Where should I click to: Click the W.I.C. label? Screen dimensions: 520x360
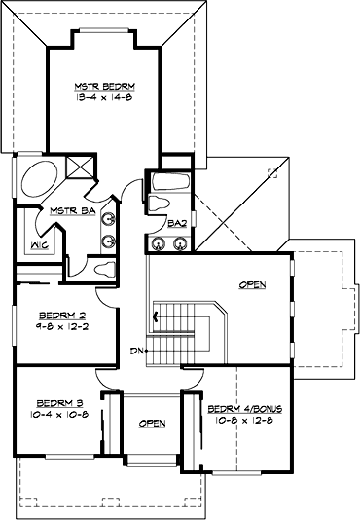[x=40, y=244]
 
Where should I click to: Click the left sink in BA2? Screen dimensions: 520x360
[x=158, y=242]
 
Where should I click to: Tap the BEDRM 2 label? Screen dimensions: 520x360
[x=58, y=315]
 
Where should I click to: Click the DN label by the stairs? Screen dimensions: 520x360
[x=136, y=351]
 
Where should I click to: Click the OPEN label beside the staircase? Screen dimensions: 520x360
[x=252, y=285]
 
